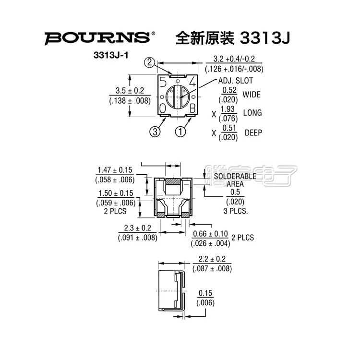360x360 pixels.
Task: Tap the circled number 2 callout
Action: tap(150, 62)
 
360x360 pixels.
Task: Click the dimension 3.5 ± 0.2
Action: tap(130, 90)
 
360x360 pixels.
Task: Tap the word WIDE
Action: tap(252, 95)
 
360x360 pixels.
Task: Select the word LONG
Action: tap(252, 113)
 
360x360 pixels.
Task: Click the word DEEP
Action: tap(253, 132)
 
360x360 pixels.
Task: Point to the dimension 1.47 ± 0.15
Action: tap(115, 170)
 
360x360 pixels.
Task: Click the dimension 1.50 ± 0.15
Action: tap(115, 193)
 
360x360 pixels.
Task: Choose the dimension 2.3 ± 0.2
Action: tap(137, 228)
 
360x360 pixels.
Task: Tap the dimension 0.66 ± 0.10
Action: tap(210, 234)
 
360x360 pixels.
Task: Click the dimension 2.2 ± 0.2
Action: tap(211, 259)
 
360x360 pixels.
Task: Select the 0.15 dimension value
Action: tap(205, 293)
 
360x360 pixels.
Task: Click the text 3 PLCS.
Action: tap(235, 211)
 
